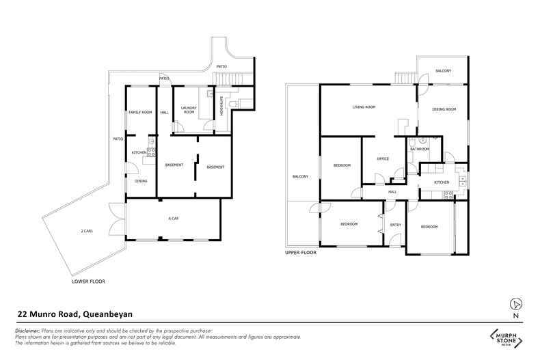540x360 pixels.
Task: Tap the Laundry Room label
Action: click(189, 110)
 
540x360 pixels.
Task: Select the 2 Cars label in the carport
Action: click(87, 232)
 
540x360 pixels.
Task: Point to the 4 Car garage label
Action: click(174, 219)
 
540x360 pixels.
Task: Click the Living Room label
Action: click(364, 107)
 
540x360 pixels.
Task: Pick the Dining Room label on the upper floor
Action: click(444, 109)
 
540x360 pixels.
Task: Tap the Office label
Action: click(383, 159)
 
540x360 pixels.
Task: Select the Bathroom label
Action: click(419, 149)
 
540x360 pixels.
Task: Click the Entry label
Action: click(395, 225)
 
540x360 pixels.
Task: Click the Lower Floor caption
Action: click(88, 281)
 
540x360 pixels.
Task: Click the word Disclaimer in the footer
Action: click(28, 331)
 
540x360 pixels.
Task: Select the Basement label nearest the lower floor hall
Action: click(174, 165)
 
